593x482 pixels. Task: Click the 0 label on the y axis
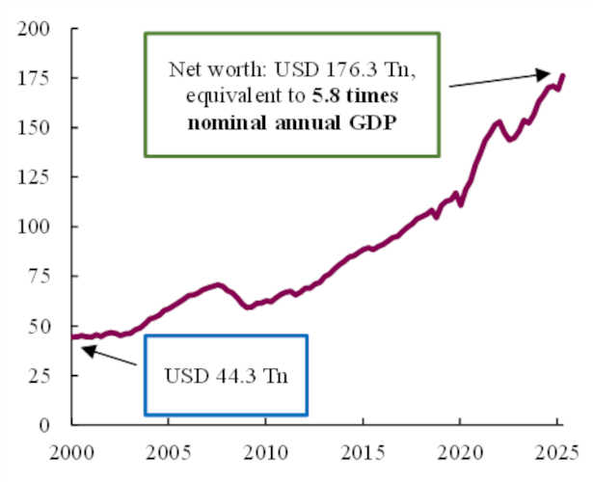point(44,425)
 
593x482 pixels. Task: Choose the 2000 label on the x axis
point(71,451)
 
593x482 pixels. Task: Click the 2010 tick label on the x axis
point(265,451)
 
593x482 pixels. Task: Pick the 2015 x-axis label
point(363,451)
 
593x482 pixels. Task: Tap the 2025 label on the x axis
point(557,451)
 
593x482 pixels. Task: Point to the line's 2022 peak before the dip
point(498,121)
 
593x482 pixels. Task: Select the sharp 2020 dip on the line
point(461,204)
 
